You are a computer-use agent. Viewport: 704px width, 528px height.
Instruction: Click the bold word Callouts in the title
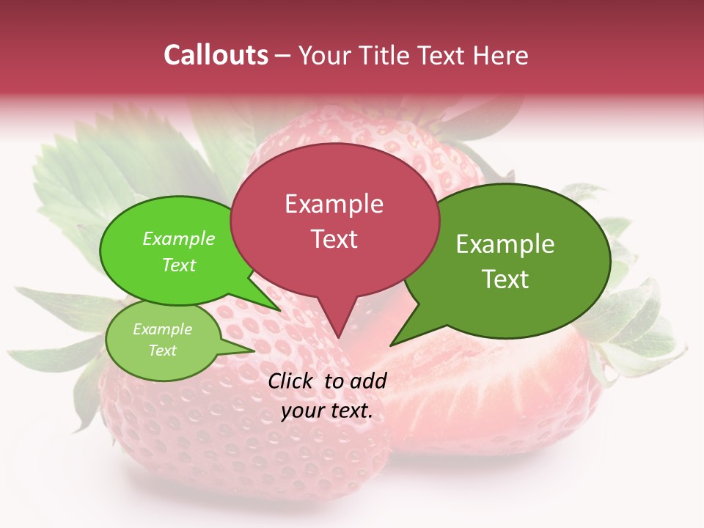(216, 55)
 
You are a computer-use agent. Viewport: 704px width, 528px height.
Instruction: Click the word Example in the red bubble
(334, 203)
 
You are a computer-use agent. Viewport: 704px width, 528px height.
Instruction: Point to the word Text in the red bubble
(334, 238)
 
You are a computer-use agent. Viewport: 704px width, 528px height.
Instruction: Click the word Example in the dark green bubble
(505, 244)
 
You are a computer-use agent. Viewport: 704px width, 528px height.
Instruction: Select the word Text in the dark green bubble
(505, 279)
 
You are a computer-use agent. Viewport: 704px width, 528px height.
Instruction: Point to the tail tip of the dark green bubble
(394, 342)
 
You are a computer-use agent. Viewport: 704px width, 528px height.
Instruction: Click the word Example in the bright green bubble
(179, 238)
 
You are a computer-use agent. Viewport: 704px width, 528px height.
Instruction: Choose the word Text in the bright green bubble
(179, 265)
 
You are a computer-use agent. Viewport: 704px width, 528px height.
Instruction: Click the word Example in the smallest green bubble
(162, 329)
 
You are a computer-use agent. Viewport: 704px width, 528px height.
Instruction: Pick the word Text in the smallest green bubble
(162, 351)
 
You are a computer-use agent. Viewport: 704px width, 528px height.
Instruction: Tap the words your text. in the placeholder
(326, 411)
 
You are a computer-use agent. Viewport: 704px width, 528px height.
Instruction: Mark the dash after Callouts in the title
(284, 55)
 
